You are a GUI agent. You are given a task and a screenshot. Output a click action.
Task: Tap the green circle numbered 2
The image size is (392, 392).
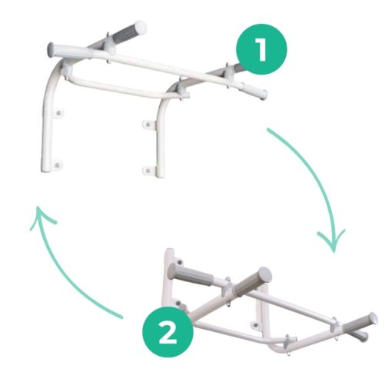click(x=168, y=331)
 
